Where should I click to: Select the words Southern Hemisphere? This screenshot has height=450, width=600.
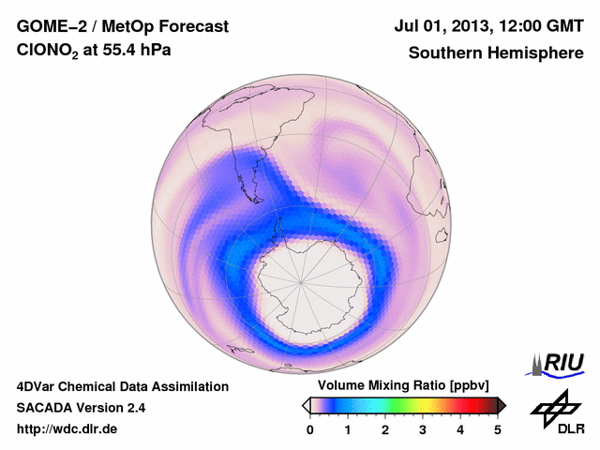pos(494,53)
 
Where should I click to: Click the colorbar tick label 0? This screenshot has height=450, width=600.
pos(310,429)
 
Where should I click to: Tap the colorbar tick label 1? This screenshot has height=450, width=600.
pos(348,429)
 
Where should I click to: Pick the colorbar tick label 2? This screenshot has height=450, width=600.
pos(385,429)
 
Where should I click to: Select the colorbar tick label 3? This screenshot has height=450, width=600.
pos(423,429)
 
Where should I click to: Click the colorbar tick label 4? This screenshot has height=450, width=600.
pos(460,429)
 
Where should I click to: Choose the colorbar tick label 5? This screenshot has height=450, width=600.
pos(498,429)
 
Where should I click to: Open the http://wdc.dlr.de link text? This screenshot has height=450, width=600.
pos(67,429)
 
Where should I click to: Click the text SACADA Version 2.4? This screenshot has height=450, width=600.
pos(81,408)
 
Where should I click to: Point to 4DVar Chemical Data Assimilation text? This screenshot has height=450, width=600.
pos(122,386)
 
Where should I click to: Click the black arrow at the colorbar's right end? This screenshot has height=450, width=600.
pos(502,405)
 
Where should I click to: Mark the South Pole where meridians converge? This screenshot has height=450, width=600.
pos(302,280)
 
